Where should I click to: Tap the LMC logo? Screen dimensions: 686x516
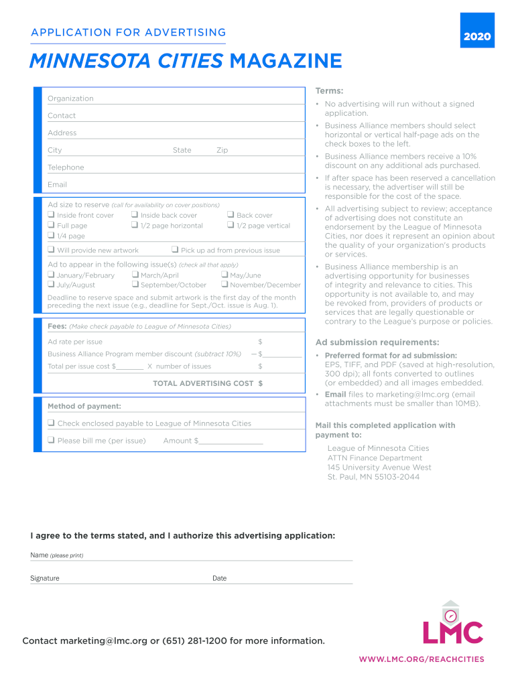(452, 625)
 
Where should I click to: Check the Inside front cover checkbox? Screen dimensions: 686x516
(51, 215)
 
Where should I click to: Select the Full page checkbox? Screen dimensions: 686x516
(51, 226)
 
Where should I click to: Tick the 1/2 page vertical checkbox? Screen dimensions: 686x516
(231, 226)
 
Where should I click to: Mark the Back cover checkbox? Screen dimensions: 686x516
(231, 215)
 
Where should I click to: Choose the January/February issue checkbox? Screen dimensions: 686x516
(51, 275)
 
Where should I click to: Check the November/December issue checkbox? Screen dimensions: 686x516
(224, 285)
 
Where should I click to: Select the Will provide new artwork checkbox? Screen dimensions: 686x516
(51, 250)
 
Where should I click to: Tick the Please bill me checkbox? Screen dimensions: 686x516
(51, 440)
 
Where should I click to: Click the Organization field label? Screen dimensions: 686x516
(70, 98)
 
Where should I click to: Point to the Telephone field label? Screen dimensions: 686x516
(66, 167)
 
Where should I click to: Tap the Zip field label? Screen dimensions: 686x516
(222, 150)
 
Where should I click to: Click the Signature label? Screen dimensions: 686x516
(45, 578)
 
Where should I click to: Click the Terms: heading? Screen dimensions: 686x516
(329, 91)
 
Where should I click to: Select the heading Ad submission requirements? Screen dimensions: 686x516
(377, 342)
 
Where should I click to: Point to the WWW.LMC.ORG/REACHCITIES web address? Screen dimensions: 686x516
(421, 659)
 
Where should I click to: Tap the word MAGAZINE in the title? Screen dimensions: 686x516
(285, 62)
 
